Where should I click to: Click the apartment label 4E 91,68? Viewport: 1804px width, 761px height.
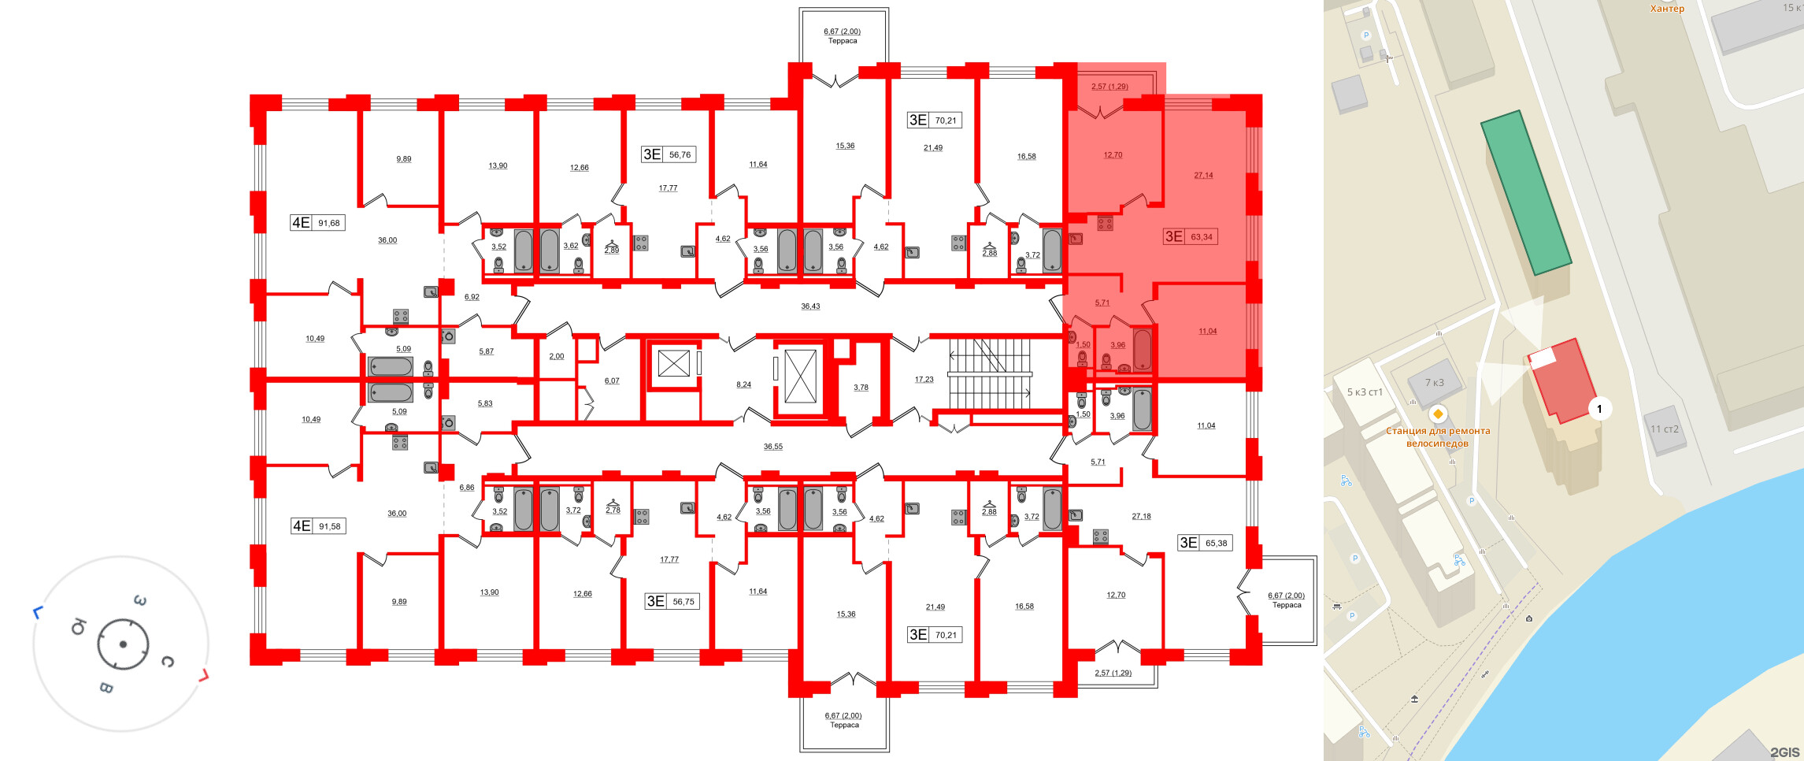click(x=316, y=223)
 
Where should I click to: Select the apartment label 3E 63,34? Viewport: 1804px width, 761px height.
click(x=1189, y=236)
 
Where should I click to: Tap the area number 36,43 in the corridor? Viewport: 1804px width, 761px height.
click(x=810, y=306)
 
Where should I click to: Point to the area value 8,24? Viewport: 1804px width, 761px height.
click(x=743, y=384)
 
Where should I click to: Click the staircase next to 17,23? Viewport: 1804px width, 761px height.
click(x=990, y=374)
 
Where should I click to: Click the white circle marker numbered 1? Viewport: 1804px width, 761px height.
click(x=1599, y=409)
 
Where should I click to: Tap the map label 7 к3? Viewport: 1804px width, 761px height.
click(x=1434, y=383)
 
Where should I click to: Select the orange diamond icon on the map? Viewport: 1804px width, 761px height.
click(x=1438, y=414)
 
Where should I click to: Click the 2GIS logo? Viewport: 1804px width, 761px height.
click(x=1784, y=752)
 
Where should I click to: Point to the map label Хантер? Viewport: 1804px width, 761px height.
click(x=1667, y=9)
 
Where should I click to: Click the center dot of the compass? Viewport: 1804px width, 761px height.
click(x=123, y=644)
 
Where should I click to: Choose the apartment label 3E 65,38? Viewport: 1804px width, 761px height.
click(x=1203, y=543)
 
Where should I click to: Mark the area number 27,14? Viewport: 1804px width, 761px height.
click(x=1203, y=176)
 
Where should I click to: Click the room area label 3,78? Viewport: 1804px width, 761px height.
click(x=861, y=388)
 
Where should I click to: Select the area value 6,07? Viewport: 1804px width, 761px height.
click(x=612, y=381)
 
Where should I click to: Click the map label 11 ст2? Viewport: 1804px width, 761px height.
click(x=1665, y=429)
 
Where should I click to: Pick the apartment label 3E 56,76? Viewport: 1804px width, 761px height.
click(x=667, y=154)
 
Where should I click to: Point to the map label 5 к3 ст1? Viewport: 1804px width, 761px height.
click(x=1365, y=392)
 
